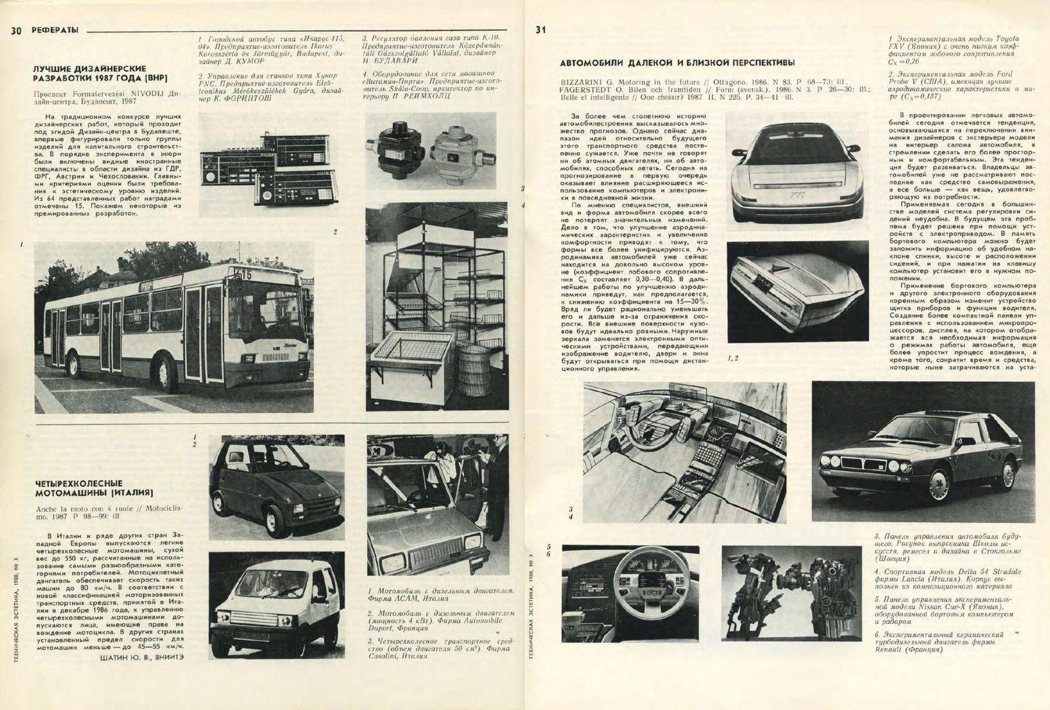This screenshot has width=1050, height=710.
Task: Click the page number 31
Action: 540,29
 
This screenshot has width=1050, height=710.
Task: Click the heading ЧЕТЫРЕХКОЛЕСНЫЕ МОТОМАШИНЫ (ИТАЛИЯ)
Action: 94,487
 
